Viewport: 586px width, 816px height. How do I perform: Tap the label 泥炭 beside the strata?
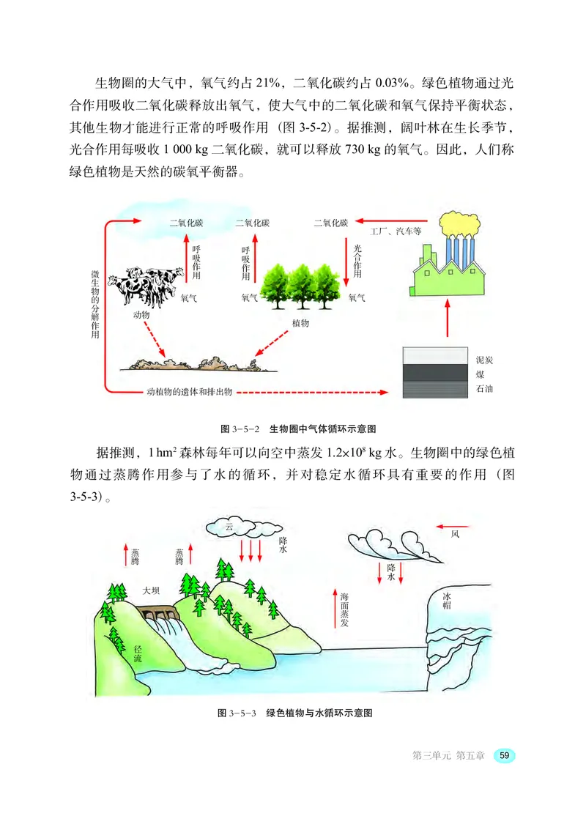484,360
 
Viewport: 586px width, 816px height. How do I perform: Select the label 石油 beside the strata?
484,389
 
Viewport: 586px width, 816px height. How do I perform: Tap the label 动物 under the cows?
141,314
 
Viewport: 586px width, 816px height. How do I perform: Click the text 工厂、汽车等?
398,231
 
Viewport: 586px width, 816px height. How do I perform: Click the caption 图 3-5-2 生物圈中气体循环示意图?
292,429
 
